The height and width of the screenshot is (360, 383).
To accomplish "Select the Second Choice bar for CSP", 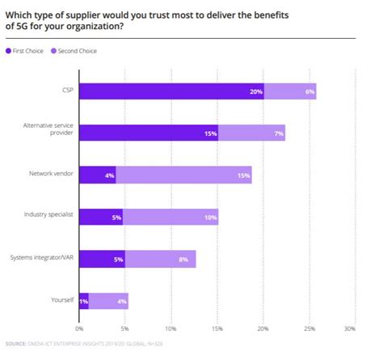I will coord(289,91).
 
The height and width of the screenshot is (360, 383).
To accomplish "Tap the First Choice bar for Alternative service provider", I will coord(149,133).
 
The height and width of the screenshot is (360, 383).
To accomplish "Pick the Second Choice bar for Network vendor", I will coord(183,175).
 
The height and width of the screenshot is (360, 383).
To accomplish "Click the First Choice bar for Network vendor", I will coord(97,175).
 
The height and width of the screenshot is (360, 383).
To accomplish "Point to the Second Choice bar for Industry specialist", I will coord(170,217).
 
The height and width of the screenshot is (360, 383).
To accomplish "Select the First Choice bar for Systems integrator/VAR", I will coord(102,259).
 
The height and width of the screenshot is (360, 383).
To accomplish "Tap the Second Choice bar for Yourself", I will coord(108,301).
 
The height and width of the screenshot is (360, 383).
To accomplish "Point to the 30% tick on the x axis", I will coord(349,329).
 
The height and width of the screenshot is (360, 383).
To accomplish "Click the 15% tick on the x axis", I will coord(217,329).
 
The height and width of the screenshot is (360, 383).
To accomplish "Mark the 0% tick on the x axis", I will coord(79,329).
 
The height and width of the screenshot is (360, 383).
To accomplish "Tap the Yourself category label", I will coord(61,301).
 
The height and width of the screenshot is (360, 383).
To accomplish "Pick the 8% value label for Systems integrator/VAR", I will coord(183,259).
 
